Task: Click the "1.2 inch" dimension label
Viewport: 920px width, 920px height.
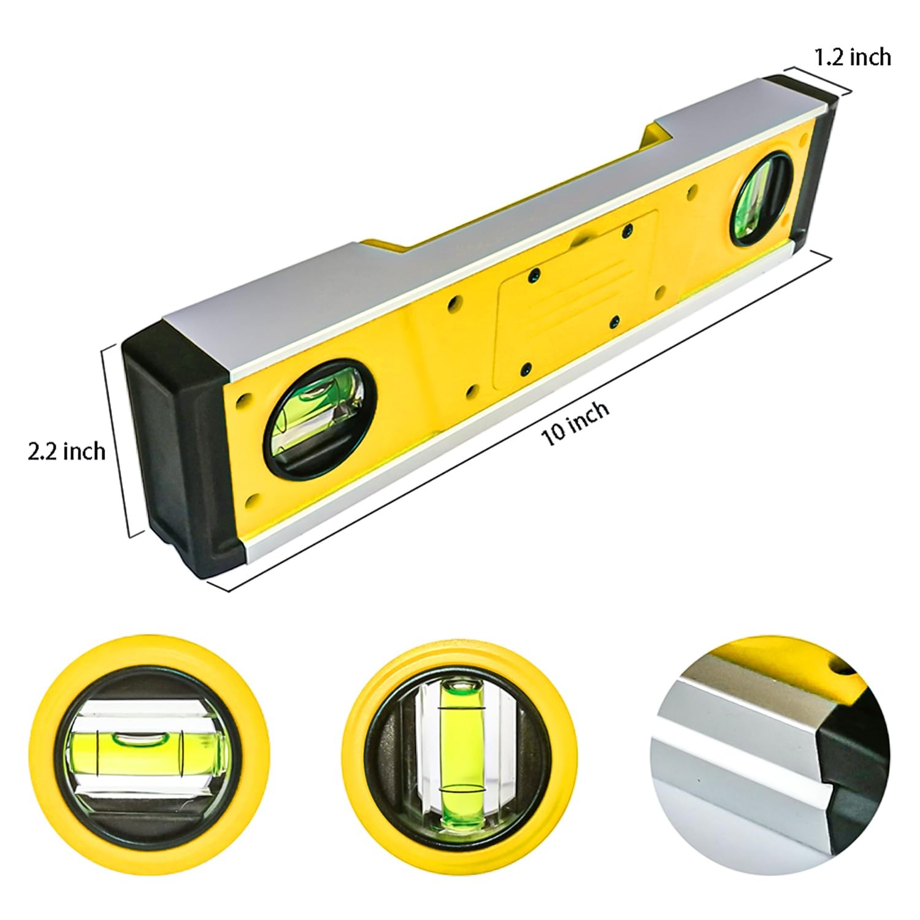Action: tap(852, 57)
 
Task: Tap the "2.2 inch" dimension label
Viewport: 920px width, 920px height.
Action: tap(67, 451)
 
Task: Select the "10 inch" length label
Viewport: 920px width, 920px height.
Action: tap(575, 423)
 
